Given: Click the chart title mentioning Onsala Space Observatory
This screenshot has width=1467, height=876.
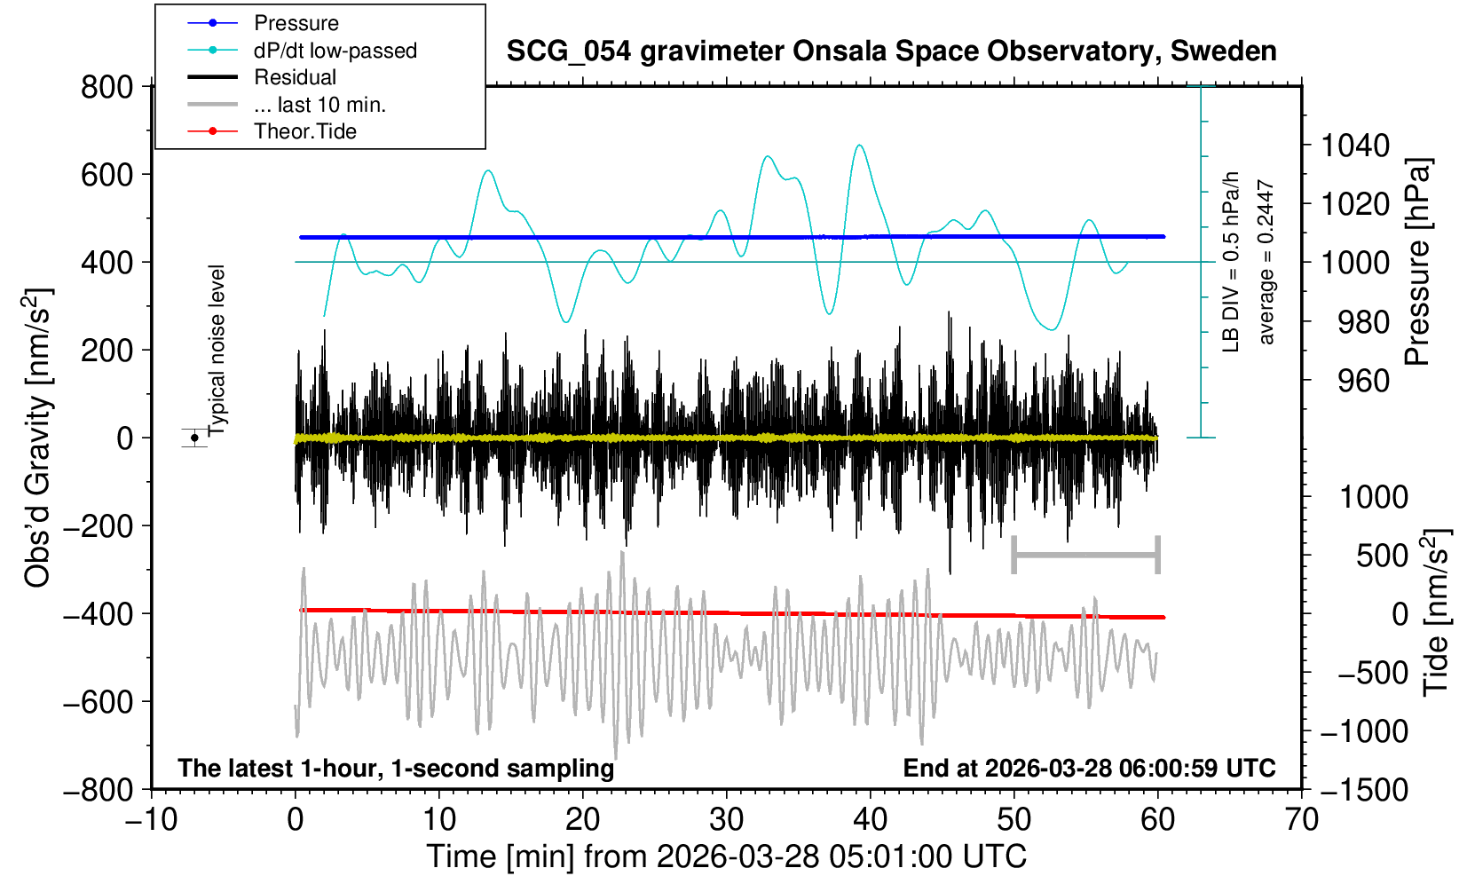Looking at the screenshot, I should click(891, 51).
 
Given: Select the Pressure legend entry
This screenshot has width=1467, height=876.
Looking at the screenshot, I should click(296, 23).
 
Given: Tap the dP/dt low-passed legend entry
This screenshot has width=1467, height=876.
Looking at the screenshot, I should click(335, 51).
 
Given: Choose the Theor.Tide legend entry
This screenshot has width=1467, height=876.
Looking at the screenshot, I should click(304, 131).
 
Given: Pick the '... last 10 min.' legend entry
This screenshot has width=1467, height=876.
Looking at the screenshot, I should click(319, 105).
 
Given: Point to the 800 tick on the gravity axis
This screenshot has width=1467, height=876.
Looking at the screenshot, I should click(106, 87).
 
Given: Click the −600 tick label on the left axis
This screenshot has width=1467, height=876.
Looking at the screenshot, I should click(98, 701).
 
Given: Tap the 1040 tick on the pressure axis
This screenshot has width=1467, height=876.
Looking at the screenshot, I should click(1354, 145).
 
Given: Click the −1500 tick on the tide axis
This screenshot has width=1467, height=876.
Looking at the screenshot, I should click(1363, 789).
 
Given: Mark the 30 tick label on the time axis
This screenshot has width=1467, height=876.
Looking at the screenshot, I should click(726, 819).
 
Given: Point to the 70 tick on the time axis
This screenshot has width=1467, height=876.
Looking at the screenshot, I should click(1301, 819).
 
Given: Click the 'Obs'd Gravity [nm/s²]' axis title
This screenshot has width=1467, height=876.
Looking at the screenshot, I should click(37, 438).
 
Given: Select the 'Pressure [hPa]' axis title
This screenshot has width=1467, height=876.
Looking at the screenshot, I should click(1417, 262).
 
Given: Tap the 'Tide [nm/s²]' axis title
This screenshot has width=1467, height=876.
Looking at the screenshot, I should click(1435, 612).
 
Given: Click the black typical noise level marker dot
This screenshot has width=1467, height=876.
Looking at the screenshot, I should click(194, 438).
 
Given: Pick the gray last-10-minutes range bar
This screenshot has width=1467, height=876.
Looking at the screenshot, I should click(1085, 556).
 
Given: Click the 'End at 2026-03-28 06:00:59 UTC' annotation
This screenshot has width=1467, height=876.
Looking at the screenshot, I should click(1089, 768).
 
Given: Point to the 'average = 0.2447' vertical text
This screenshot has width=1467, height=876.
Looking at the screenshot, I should click(1266, 262).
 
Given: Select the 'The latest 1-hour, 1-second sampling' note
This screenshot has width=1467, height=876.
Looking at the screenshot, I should click(396, 768).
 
